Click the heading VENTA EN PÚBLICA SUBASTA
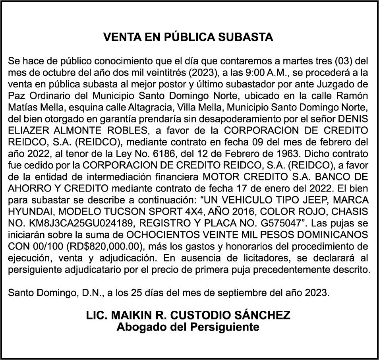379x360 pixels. point(188,37)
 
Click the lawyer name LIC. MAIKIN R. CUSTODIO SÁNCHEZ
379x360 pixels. point(188,316)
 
